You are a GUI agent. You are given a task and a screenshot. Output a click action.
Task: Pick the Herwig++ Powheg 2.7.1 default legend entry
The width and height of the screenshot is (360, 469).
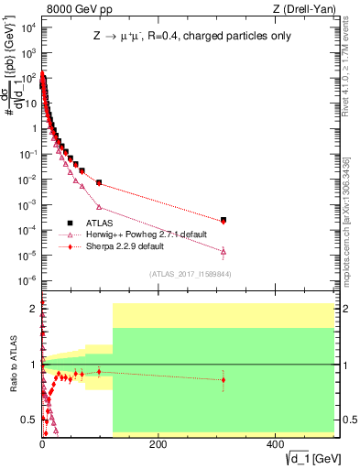(x=138, y=234)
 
